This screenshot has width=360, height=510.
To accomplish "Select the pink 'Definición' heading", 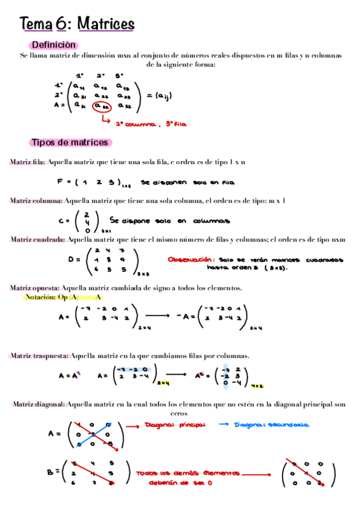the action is click(x=53, y=45).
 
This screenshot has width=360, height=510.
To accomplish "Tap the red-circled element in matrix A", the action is click(x=103, y=106).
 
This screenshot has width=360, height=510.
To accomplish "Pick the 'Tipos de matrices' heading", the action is click(x=70, y=143).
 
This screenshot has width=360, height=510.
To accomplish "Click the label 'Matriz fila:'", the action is click(x=27, y=162).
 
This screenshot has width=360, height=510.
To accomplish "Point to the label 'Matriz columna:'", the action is click(x=36, y=200).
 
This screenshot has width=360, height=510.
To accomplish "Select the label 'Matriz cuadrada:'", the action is click(x=37, y=239).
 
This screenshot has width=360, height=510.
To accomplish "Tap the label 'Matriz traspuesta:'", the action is click(x=40, y=355).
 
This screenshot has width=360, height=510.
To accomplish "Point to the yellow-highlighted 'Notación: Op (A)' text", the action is click(x=51, y=297).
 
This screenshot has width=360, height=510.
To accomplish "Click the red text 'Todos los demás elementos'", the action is click(x=188, y=473).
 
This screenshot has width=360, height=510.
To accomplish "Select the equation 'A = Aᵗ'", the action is click(x=70, y=376).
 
